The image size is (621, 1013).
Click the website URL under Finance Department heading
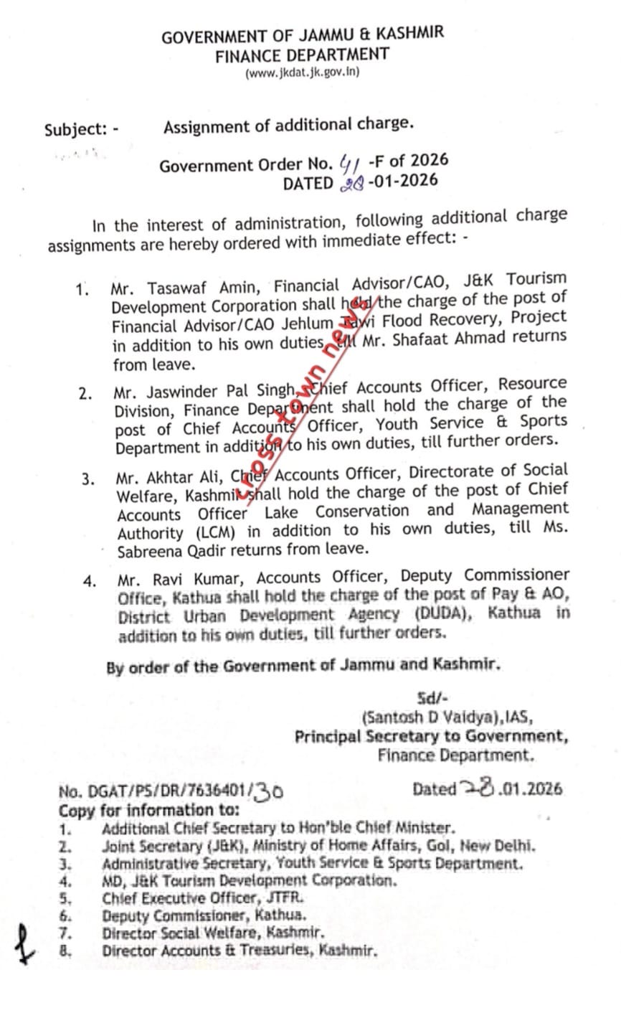click(302, 72)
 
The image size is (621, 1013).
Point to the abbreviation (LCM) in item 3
click(215, 533)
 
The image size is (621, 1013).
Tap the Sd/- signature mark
click(432, 699)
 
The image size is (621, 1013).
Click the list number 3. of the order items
click(87, 479)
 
